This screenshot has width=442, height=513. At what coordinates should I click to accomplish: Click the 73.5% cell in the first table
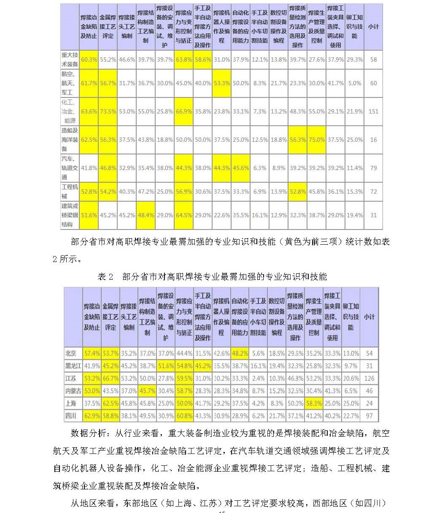(108, 111)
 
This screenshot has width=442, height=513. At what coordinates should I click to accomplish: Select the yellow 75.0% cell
(317, 140)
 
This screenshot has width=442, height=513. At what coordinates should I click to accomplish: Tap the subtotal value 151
(373, 111)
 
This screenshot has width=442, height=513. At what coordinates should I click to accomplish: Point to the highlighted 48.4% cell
(146, 215)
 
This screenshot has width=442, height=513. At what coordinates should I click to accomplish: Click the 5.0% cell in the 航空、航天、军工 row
(354, 83)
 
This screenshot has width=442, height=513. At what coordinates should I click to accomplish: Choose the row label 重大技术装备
(70, 59)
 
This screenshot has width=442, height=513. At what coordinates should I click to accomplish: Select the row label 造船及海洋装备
(70, 140)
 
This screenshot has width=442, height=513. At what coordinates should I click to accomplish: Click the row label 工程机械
(70, 191)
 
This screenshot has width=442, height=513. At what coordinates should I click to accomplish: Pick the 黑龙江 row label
(73, 366)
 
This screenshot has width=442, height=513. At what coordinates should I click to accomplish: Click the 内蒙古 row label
(73, 391)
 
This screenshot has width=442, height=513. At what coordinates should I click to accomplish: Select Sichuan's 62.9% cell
(92, 416)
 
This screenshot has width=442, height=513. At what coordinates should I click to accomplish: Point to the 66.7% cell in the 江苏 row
(110, 378)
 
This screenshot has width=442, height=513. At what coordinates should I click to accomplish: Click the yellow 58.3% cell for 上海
(314, 403)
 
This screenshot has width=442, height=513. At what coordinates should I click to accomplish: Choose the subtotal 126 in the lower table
(369, 378)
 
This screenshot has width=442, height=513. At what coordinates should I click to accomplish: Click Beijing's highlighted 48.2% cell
(240, 353)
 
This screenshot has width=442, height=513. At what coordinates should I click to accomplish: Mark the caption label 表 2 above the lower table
(105, 277)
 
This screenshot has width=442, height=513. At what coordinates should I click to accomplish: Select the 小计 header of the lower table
(369, 316)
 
